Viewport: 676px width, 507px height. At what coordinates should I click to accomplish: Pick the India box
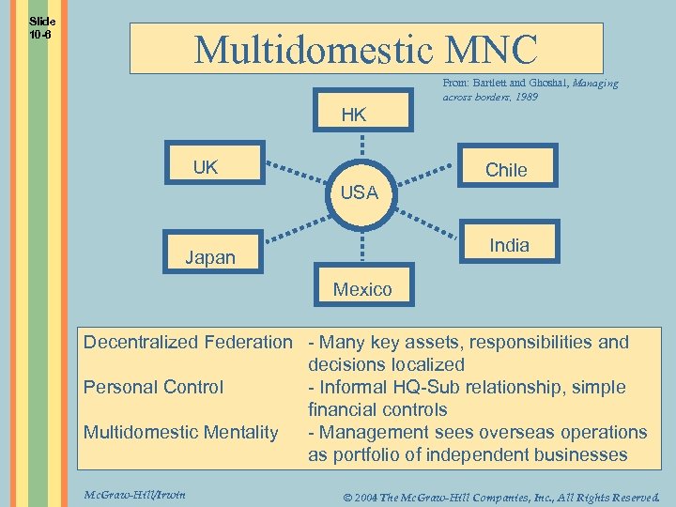point(510,244)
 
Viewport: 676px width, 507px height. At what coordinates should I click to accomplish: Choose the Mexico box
point(362,287)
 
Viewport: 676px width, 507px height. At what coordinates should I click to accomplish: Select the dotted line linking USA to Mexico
point(361,246)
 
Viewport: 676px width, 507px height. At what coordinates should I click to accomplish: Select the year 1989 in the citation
point(525,96)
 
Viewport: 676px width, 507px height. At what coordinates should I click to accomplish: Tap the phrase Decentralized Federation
point(188,342)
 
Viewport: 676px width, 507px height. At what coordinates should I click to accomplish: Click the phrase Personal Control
point(153,387)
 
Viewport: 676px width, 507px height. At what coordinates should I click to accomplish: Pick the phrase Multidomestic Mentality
point(180,432)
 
